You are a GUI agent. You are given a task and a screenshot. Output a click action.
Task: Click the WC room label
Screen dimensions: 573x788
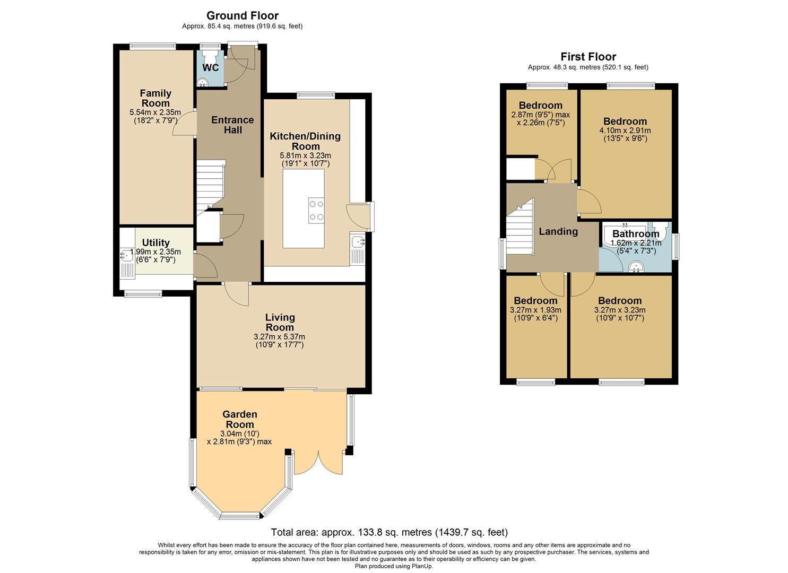click(211, 68)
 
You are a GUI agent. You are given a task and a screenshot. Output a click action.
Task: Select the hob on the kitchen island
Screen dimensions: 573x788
click(316, 210)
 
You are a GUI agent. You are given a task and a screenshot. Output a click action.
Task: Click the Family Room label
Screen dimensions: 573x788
click(155, 98)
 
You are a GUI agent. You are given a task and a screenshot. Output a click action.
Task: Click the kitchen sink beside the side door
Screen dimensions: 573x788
click(357, 242)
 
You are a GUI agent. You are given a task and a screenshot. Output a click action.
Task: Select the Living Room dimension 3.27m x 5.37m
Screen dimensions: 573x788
click(279, 337)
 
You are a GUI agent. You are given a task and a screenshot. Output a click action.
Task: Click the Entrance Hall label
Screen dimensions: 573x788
click(232, 125)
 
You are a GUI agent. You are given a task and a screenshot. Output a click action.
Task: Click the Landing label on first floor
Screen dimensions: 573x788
click(558, 231)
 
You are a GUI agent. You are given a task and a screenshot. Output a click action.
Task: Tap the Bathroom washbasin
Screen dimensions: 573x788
click(636, 267)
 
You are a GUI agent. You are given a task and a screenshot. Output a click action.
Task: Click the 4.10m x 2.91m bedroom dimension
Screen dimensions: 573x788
click(625, 131)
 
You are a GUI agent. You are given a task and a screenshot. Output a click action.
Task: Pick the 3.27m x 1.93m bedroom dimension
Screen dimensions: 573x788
click(535, 310)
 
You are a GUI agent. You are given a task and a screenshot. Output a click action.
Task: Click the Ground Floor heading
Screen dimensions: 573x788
click(242, 16)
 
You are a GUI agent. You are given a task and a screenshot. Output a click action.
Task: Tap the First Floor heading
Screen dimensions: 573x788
click(588, 57)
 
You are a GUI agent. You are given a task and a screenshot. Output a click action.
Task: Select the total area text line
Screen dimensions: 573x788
click(389, 532)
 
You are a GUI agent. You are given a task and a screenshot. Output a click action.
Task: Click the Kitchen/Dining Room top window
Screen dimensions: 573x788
click(316, 95)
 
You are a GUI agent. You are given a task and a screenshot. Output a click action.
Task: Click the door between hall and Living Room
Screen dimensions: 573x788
click(237, 293)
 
